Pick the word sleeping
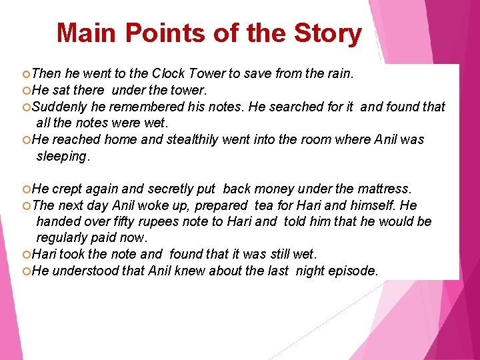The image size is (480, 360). (63, 156)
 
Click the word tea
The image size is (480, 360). (264, 205)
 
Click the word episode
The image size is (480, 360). (353, 270)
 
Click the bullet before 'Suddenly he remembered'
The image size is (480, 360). (25, 107)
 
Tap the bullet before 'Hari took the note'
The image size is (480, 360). (25, 254)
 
